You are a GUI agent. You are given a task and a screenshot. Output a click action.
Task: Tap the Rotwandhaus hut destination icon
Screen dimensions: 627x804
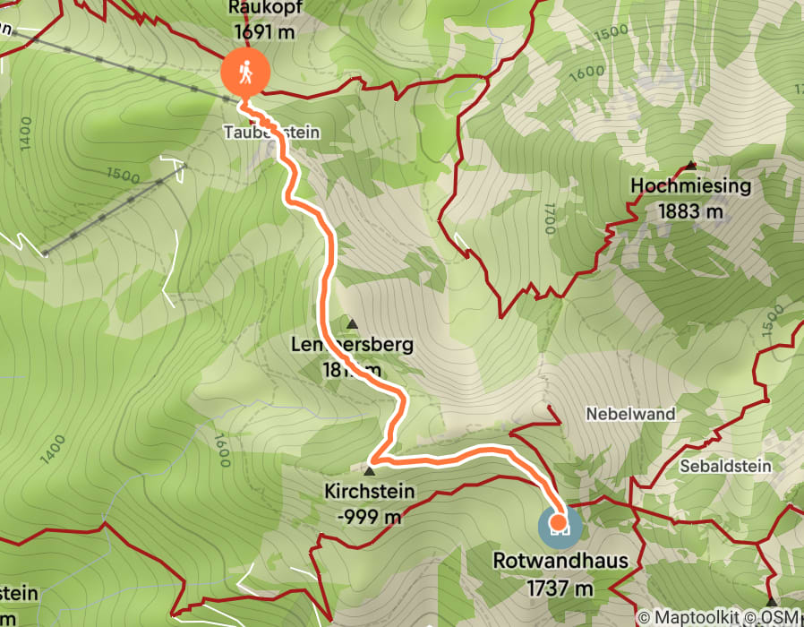559,523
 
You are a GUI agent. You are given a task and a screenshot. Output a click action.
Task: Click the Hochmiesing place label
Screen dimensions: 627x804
690,186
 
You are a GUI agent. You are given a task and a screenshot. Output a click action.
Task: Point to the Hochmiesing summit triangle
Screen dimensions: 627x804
690,165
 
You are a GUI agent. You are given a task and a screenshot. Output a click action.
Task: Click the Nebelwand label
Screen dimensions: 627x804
630,415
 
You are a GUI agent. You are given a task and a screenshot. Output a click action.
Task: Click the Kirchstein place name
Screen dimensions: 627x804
369,491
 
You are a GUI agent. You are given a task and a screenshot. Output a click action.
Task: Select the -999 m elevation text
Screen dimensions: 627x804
369,517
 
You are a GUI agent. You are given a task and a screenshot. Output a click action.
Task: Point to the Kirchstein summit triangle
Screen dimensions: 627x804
369,470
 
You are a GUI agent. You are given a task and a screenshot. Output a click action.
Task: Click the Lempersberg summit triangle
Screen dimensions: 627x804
352,323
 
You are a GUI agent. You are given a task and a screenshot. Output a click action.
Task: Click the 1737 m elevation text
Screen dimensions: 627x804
560,588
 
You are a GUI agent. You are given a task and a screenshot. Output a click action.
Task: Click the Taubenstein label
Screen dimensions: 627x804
271,132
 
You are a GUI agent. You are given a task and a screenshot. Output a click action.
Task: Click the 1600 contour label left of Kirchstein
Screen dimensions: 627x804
221,451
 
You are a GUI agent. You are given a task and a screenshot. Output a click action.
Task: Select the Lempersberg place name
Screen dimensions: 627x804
352,345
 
